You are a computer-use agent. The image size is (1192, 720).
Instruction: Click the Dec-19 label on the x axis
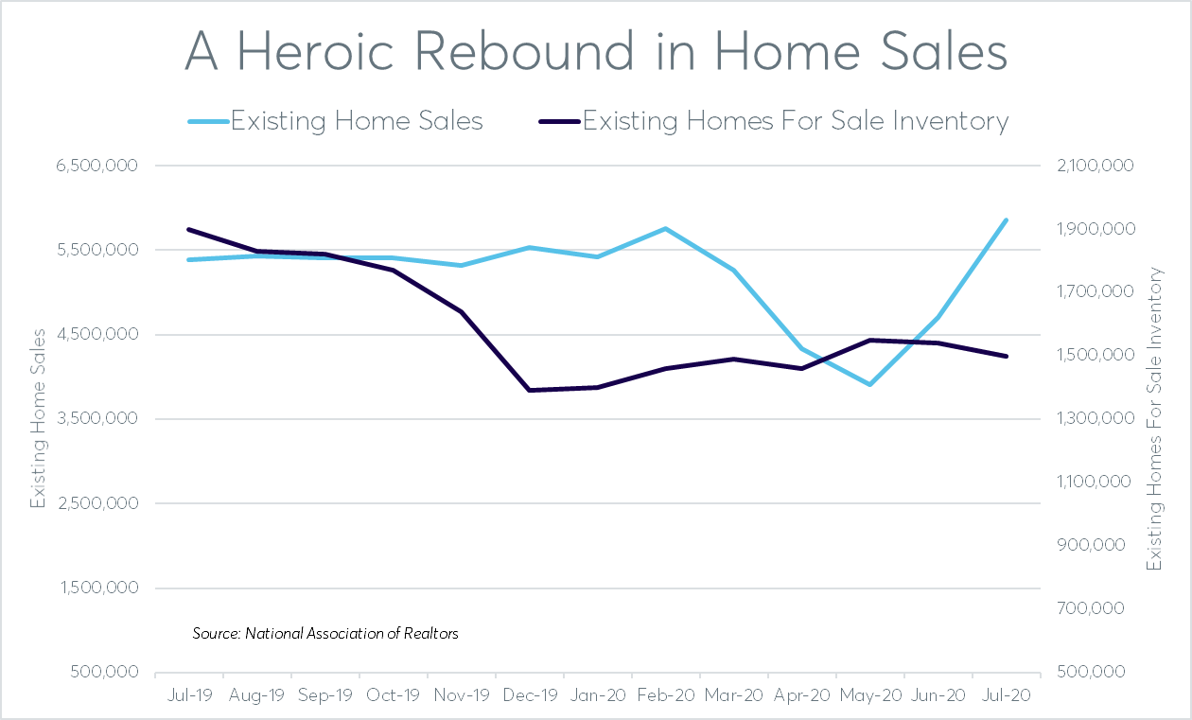tap(530, 694)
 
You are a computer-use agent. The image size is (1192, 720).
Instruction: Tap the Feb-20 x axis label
tap(666, 694)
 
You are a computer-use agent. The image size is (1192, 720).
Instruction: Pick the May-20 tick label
tap(870, 694)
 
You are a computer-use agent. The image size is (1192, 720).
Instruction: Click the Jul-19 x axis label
tap(188, 694)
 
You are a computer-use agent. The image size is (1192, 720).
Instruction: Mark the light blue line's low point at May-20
tap(869, 385)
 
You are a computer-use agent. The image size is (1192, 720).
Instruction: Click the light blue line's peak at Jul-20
tap(1007, 220)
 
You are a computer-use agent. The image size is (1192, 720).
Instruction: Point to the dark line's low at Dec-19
tap(529, 390)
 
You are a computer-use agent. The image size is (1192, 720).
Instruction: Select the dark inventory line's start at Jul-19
tap(189, 229)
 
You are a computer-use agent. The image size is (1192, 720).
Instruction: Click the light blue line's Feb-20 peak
tap(666, 228)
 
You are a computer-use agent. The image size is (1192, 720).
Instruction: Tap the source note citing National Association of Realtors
tap(325, 633)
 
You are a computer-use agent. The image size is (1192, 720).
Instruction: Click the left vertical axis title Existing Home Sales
tap(39, 418)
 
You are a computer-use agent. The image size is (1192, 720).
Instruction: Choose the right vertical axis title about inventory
tap(1154, 418)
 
